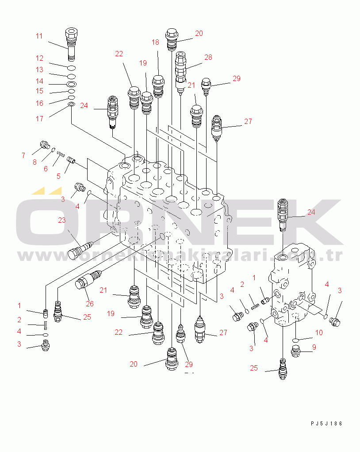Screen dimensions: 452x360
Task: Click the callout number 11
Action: [x=39, y=36]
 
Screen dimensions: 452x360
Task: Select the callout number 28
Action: [x=208, y=57]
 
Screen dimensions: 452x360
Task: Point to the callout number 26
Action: [x=91, y=304]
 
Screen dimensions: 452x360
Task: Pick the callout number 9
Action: [x=314, y=348]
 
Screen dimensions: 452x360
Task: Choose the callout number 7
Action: [x=23, y=155]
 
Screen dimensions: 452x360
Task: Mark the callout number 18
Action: [x=155, y=42]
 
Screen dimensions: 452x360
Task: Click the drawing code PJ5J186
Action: [x=326, y=424]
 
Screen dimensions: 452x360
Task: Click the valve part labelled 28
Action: [x=181, y=71]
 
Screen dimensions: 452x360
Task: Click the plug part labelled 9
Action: [x=297, y=352]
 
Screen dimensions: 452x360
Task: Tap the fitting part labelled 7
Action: [x=44, y=145]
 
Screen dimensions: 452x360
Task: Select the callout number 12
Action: [x=39, y=58]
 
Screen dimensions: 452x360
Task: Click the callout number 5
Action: [x=58, y=176]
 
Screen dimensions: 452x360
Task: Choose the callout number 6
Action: [x=46, y=169]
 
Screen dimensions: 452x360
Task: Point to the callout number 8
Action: [x=34, y=162]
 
